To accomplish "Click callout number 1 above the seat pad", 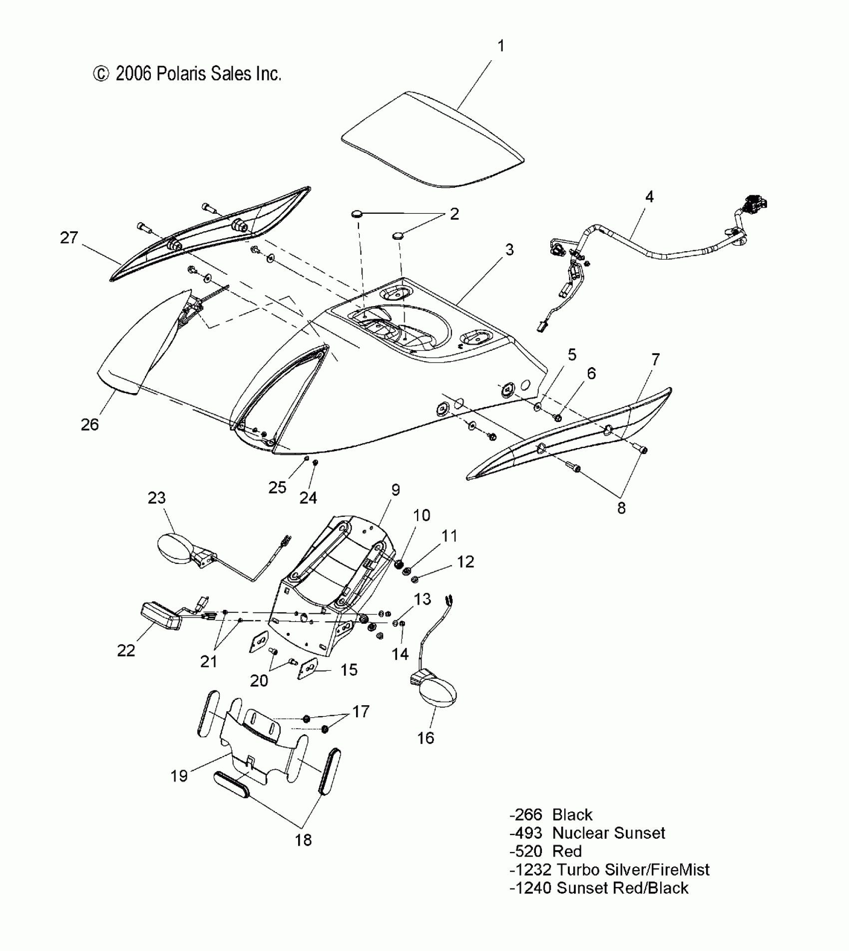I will click(x=501, y=46).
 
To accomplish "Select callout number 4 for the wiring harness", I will click(x=649, y=197).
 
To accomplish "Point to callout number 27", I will click(x=69, y=238).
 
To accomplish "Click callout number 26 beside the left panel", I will click(x=90, y=425).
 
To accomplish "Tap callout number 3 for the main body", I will click(x=509, y=250).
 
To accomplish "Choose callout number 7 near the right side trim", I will click(x=656, y=359).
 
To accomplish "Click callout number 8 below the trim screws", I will click(x=621, y=508).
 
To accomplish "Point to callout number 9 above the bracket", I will click(x=396, y=490).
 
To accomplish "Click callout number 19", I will click(x=179, y=776).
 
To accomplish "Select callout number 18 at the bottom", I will click(x=303, y=840).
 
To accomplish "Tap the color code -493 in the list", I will click(x=525, y=833).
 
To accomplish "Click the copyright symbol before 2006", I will click(x=100, y=74).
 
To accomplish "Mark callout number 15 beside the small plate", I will click(x=349, y=670).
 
